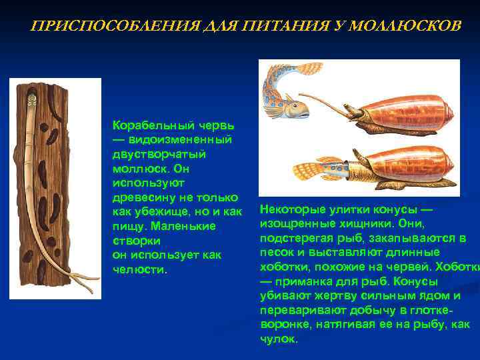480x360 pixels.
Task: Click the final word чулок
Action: point(278,339)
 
